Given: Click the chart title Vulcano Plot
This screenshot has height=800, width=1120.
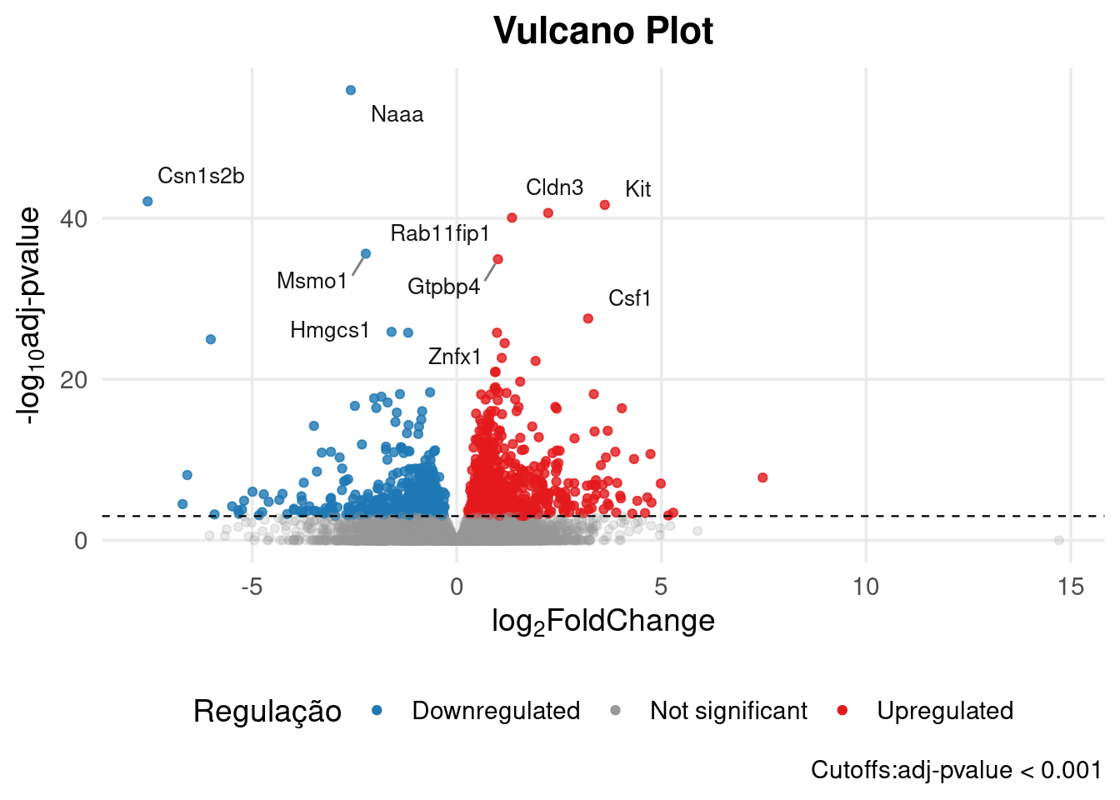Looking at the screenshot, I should point(602,32).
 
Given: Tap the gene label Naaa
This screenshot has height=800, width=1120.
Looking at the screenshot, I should point(397,114).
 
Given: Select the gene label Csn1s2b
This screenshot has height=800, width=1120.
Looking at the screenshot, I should point(201,176).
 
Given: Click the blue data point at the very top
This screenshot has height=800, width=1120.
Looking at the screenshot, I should point(351,90).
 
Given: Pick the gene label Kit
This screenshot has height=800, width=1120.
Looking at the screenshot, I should point(637,189).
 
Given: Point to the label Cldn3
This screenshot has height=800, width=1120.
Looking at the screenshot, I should point(554,187).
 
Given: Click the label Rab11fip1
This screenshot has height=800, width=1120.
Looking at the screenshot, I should point(440,233).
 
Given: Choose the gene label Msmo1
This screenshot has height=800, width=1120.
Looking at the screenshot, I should point(312,281).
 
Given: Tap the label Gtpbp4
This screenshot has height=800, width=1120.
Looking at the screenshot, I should point(443,287).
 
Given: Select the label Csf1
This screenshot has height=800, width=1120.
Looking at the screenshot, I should point(629,298).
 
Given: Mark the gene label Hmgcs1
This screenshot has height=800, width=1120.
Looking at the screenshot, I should point(329,330).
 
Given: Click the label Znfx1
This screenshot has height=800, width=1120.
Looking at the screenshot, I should point(454,357).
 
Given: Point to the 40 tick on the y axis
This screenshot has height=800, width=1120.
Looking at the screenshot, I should point(73,219).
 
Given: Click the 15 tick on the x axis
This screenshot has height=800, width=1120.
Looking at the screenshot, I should point(1071,587).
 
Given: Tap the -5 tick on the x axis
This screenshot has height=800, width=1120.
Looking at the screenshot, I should point(252,587).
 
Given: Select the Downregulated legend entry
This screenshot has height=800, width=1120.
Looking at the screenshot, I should point(496,711).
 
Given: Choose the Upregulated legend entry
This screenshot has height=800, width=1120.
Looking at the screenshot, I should point(945,711).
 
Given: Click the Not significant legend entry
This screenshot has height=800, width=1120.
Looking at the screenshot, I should point(728,711).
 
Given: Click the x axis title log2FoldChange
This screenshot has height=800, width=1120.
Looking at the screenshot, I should point(602,621).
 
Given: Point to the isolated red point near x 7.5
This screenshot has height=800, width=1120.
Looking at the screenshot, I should point(762,477).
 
